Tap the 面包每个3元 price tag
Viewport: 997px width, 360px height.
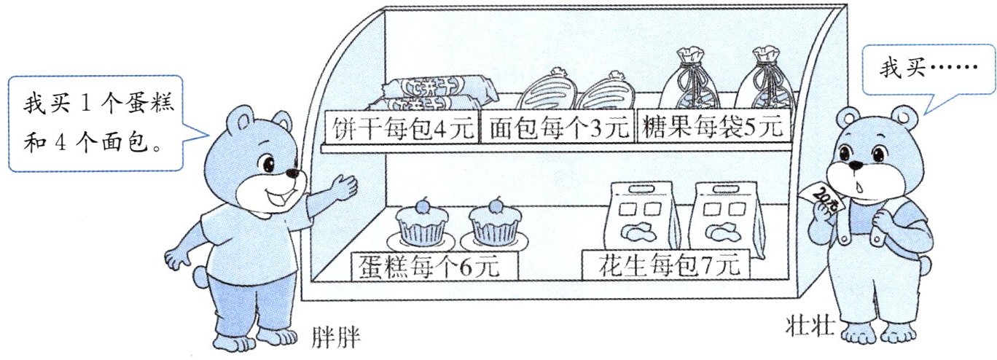pos(558,128)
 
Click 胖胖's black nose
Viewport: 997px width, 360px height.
pos(292,174)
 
